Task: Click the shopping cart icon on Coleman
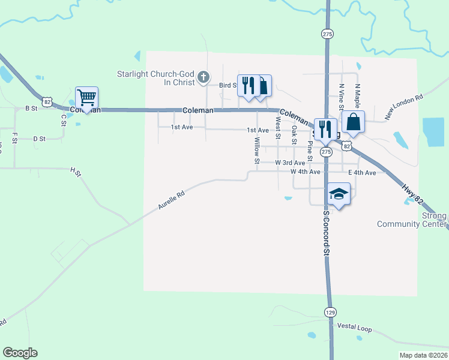click(x=87, y=97)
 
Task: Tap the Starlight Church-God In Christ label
click(x=158, y=79)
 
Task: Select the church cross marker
click(x=204, y=76)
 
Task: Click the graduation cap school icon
click(x=339, y=194)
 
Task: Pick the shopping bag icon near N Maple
click(x=354, y=122)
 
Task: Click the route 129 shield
click(x=330, y=312)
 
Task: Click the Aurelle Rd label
click(x=171, y=200)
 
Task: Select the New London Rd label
click(x=405, y=106)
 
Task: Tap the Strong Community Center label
click(x=412, y=220)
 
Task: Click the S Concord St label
click(x=327, y=233)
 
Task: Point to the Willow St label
click(x=257, y=151)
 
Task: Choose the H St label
click(x=76, y=172)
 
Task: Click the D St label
click(x=40, y=139)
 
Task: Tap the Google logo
click(x=20, y=353)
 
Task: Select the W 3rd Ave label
click(x=291, y=163)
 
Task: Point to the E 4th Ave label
click(x=362, y=173)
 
